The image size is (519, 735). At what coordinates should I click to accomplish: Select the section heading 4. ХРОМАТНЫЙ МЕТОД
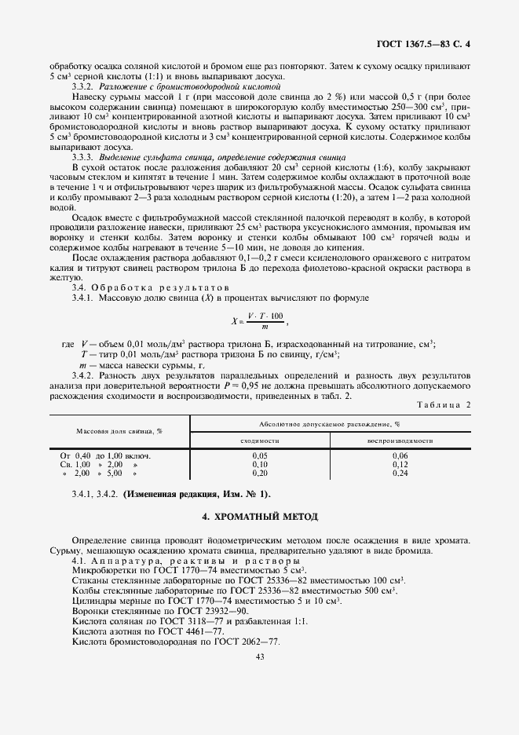[259, 517]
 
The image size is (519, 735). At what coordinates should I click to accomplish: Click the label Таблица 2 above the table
[445, 404]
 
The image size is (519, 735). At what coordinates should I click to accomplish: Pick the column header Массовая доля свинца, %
[119, 432]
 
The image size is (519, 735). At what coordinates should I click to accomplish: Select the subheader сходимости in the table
[259, 441]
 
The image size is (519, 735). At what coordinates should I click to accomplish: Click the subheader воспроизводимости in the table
[400, 441]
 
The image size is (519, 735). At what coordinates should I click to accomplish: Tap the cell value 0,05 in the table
[259, 455]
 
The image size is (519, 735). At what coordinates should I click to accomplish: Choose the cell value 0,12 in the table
[400, 464]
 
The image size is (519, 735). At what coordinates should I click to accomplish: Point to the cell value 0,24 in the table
[400, 474]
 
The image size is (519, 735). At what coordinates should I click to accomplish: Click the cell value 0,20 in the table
[259, 474]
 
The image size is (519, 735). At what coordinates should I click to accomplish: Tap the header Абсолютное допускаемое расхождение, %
[330, 424]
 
